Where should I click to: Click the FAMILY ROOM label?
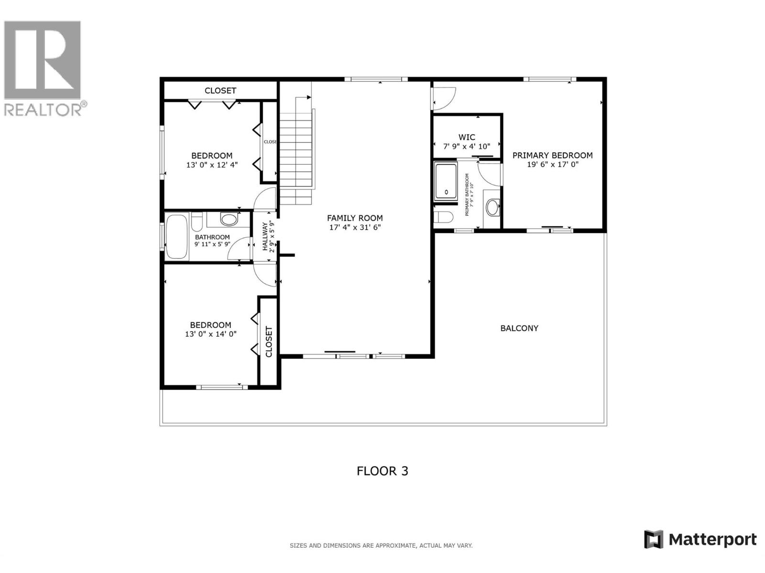coord(355,218)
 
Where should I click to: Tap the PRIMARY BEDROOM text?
coord(552,155)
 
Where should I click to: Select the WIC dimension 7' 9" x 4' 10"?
coord(467,147)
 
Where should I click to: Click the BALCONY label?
coord(519,328)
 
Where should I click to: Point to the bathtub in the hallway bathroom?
coord(176,237)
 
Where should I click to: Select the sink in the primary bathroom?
coord(492,208)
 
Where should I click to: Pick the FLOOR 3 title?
coord(382,471)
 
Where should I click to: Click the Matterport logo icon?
coord(654,540)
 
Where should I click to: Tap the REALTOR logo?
coord(43,67)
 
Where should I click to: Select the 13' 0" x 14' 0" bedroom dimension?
coord(210,334)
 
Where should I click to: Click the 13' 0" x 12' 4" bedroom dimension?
coord(212,165)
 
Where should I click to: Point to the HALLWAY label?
coord(265,236)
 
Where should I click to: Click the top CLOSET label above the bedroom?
coord(220,90)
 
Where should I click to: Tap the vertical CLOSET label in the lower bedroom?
coord(269,341)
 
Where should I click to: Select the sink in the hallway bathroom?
coord(229,220)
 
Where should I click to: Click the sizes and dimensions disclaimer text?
coord(381,545)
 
